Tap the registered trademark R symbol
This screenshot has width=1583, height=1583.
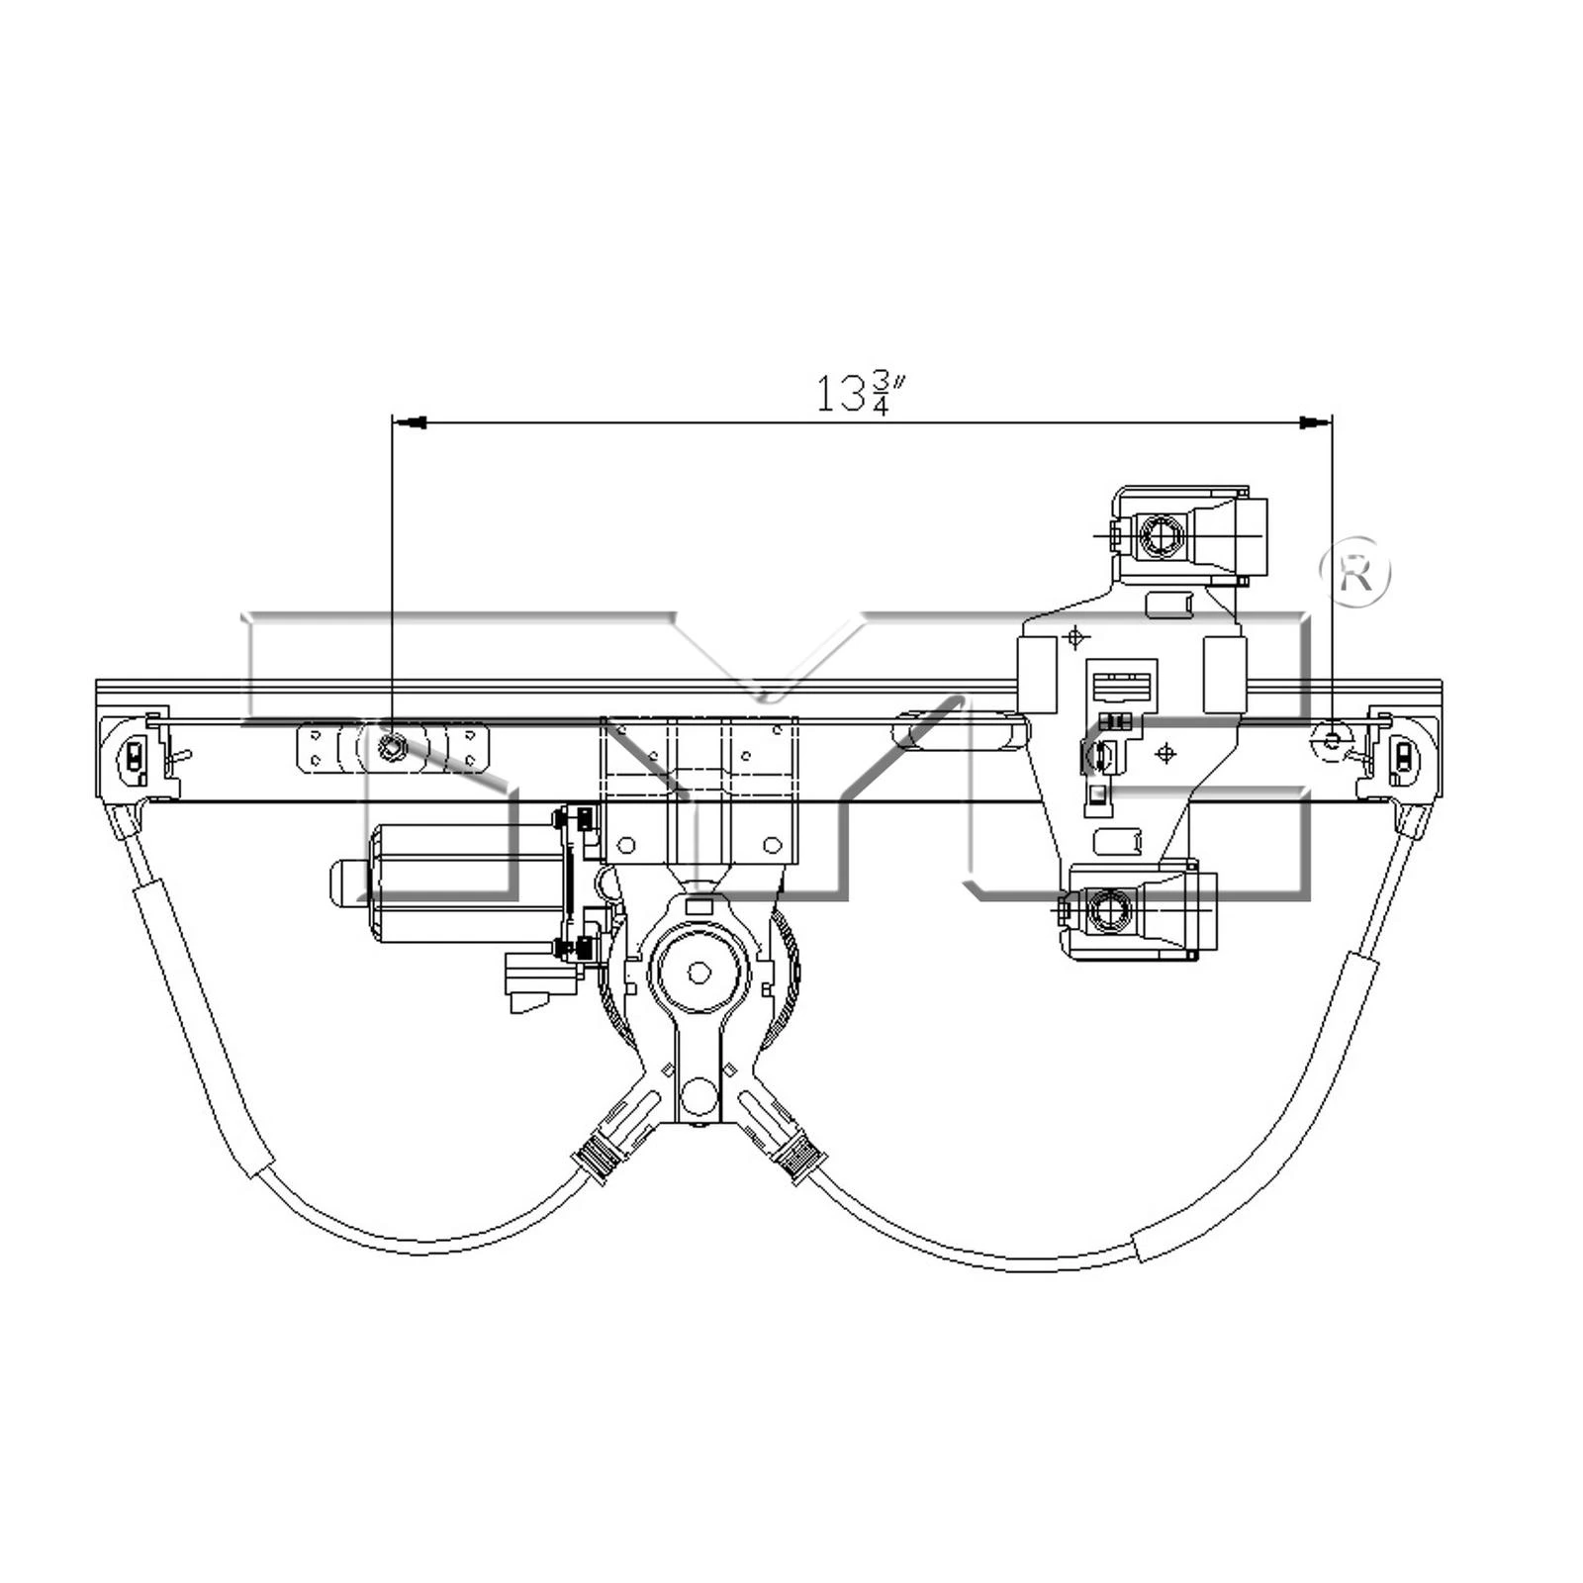click(x=1355, y=572)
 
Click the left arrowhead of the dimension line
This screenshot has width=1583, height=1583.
click(x=410, y=422)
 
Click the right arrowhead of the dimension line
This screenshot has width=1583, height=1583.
click(x=1315, y=422)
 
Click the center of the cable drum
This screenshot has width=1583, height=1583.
click(x=699, y=973)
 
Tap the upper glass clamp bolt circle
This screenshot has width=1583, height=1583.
click(x=1160, y=536)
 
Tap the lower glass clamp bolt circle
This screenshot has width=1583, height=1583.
click(x=1108, y=909)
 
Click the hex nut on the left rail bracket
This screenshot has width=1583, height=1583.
click(x=393, y=748)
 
